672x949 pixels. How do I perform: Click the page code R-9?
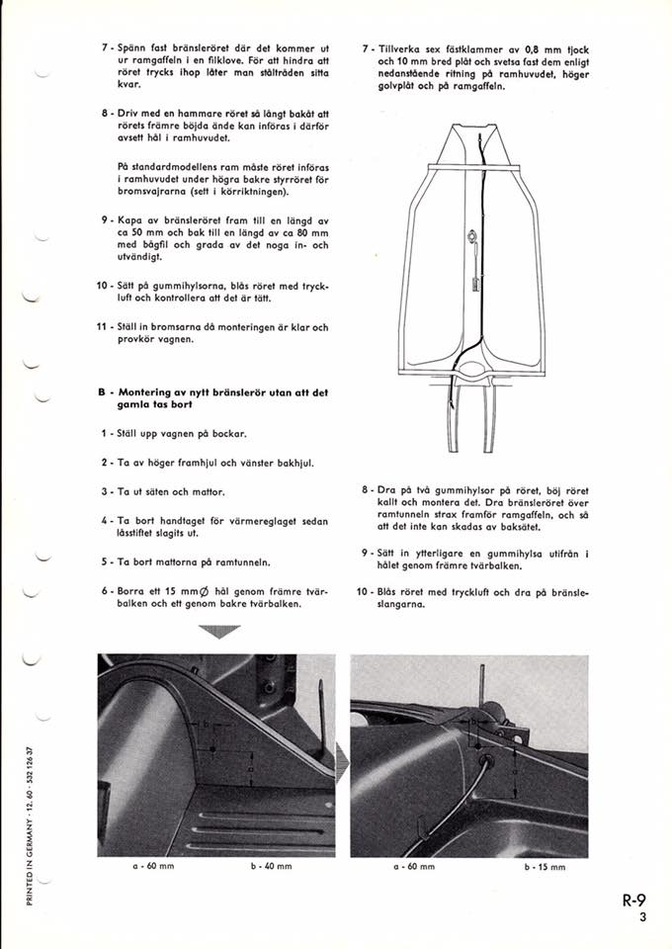click(633, 901)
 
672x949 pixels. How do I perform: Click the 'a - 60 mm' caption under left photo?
click(146, 866)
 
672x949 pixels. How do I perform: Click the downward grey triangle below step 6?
click(218, 632)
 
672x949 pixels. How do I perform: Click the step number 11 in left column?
click(102, 327)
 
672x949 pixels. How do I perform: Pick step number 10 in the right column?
click(362, 592)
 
